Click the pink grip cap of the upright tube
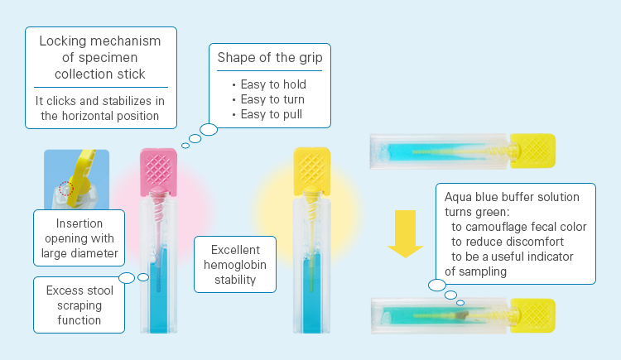click(x=158, y=172)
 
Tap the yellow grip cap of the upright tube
click(x=312, y=171)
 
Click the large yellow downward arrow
click(x=405, y=233)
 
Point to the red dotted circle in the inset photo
click(x=66, y=189)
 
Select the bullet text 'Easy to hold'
click(x=273, y=84)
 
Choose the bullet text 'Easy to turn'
click(x=272, y=99)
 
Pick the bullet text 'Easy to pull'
click(x=272, y=114)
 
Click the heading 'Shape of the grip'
click(x=270, y=58)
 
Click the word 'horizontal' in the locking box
click(x=90, y=116)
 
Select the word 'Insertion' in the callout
click(x=79, y=223)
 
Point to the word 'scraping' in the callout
click(x=79, y=305)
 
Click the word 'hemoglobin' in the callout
click(x=235, y=265)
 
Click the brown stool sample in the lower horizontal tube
click(x=461, y=315)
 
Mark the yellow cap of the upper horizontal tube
click(x=532, y=151)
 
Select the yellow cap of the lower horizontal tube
click(x=532, y=315)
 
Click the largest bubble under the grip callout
click(x=209, y=129)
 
